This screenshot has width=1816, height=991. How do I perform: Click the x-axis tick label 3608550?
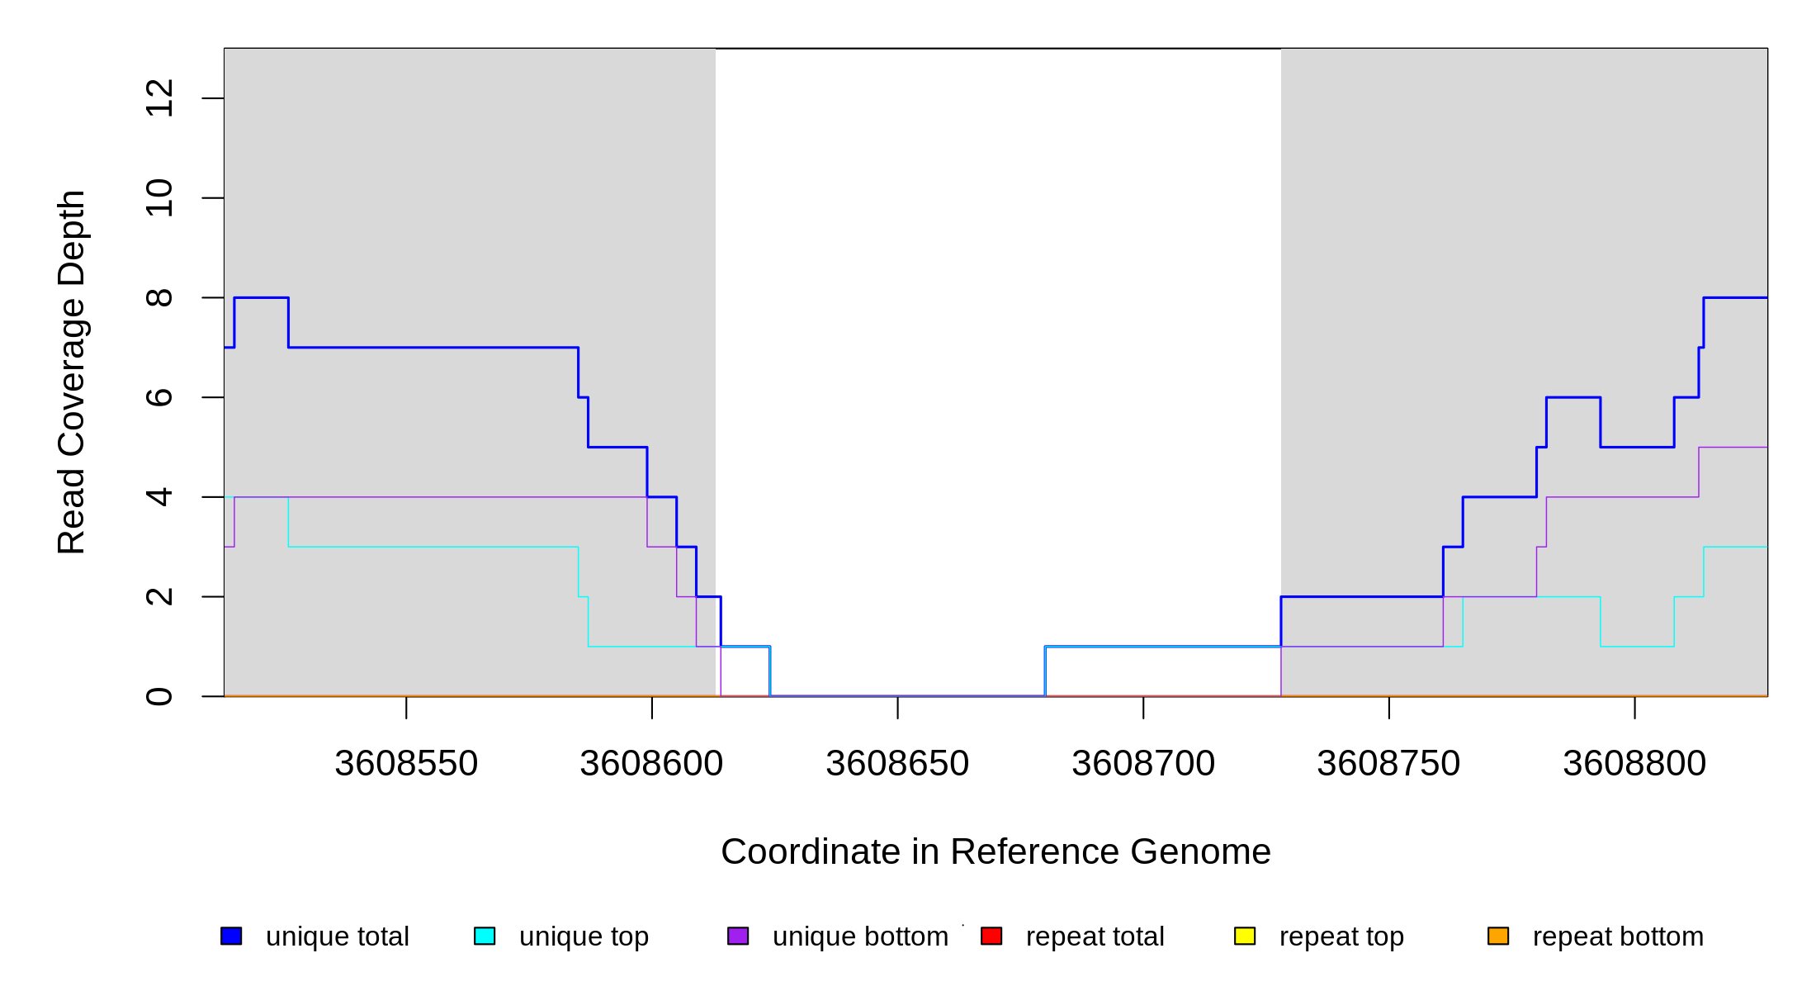406,764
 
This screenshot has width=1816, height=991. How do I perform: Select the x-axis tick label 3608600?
651,764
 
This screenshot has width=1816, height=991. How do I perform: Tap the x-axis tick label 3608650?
897,764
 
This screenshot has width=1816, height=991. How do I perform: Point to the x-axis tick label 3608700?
1143,764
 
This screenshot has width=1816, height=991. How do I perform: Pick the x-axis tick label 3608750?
1388,764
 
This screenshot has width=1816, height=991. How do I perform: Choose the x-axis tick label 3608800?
1634,764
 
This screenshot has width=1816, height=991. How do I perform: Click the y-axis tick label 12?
159,98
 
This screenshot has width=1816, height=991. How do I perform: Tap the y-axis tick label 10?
159,198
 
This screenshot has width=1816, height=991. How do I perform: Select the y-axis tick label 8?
159,297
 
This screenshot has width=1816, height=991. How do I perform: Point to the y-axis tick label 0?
159,696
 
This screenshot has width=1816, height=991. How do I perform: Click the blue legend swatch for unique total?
231,936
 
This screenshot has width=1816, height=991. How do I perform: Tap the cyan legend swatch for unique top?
485,936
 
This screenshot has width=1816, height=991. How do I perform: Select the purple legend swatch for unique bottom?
738,936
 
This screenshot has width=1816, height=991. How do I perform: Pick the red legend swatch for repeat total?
991,936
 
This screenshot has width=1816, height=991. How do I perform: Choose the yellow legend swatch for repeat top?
1245,936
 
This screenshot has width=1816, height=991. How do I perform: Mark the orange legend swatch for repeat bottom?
1498,936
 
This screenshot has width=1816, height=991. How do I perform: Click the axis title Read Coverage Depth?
72,372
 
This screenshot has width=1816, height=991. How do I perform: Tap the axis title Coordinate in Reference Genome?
995,851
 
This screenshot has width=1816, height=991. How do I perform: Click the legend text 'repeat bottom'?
1618,936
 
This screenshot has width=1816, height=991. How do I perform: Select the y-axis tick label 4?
159,497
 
